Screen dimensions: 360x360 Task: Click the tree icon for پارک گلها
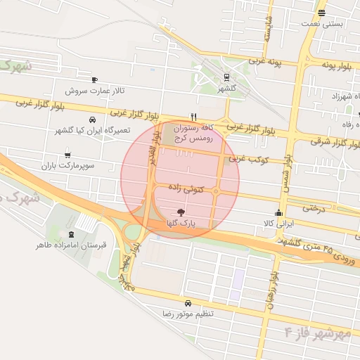[181, 212]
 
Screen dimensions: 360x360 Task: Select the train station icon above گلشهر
[226, 77]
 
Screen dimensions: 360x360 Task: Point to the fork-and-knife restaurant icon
[194, 117]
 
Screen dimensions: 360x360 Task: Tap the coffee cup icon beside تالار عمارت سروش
[95, 79]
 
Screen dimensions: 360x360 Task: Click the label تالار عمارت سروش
[95, 91]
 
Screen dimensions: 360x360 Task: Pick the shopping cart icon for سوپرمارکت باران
[67, 155]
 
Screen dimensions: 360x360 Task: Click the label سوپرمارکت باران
[67, 167]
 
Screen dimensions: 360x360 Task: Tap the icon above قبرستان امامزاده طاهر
[70, 233]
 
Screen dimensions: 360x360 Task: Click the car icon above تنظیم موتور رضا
[188, 302]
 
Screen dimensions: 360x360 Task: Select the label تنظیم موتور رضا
[188, 314]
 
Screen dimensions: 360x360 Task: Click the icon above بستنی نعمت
[322, 13]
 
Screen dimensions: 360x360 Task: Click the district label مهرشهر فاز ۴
[319, 332]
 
